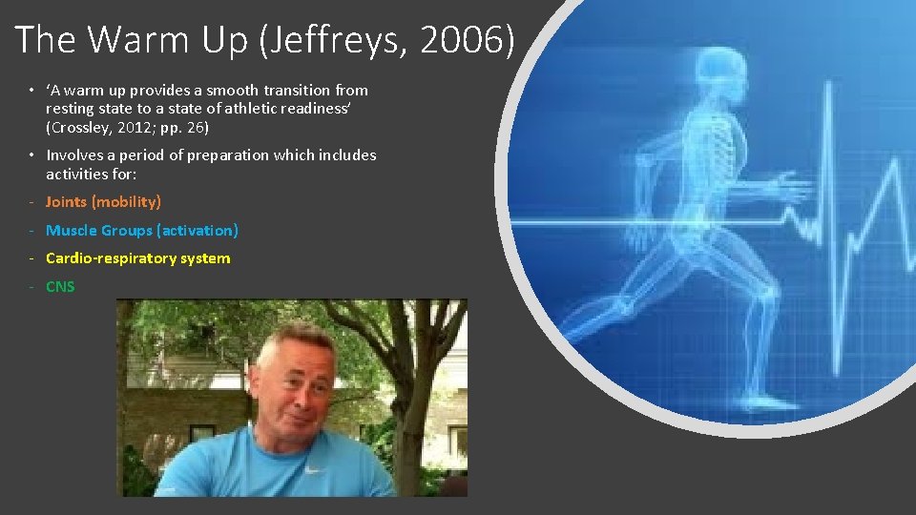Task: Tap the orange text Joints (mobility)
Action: click(103, 201)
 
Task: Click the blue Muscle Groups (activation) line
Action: click(142, 230)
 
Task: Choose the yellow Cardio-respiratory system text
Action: click(137, 257)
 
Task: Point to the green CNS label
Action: click(60, 286)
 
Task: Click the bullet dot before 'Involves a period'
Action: click(31, 155)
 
